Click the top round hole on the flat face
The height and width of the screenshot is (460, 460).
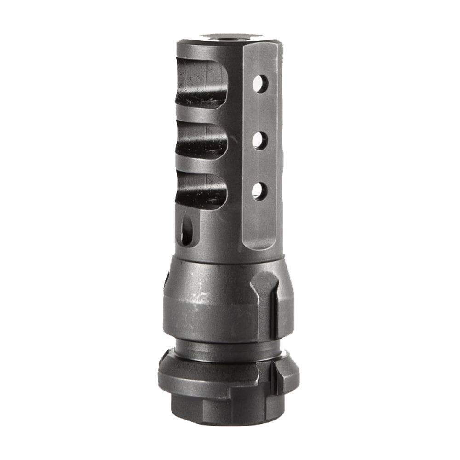point(260,84)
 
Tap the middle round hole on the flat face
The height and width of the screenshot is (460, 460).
point(260,140)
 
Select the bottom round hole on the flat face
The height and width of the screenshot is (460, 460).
point(260,190)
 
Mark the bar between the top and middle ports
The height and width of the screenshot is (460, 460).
point(202,115)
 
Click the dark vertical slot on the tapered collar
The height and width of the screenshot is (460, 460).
point(274,308)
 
